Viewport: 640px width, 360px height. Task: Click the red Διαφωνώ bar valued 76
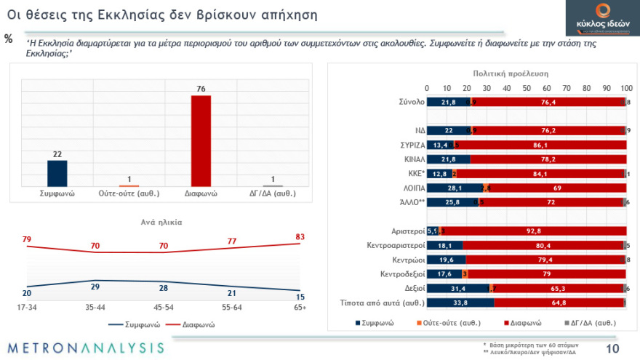(201, 141)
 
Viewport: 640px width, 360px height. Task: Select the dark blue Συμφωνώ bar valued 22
(57, 173)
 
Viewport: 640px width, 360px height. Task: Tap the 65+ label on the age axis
(299, 308)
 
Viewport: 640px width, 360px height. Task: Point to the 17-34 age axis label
(27, 308)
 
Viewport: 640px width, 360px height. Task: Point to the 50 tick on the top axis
(527, 88)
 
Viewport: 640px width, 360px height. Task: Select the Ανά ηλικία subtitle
(161, 222)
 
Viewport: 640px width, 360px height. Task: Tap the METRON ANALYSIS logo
(87, 347)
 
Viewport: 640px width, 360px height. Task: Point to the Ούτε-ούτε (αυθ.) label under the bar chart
(129, 194)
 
